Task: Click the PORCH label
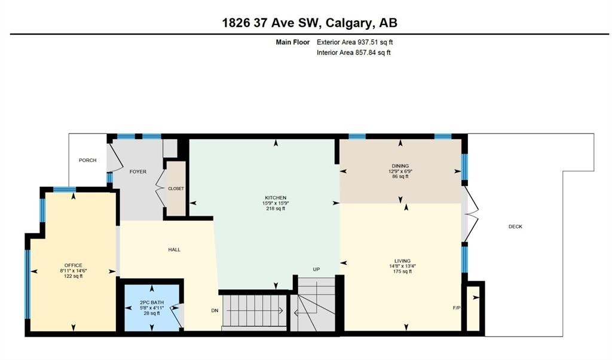point(87,160)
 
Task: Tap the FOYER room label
point(138,172)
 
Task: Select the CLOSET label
point(176,188)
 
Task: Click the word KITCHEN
point(276,197)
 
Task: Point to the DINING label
point(400,166)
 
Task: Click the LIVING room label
point(402,261)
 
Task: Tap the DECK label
point(515,227)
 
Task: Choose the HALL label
point(174,249)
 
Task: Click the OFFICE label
point(74,266)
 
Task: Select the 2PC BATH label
point(152,303)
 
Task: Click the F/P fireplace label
point(457,308)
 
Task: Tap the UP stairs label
point(316,270)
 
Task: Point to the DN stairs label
point(215,310)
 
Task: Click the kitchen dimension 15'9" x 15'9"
point(276,203)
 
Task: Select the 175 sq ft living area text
point(402,271)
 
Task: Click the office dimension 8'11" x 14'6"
point(74,270)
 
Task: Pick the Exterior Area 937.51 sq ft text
point(355,42)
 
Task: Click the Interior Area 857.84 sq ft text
point(354,52)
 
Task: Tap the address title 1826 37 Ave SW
point(271,23)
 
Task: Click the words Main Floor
point(293,42)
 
